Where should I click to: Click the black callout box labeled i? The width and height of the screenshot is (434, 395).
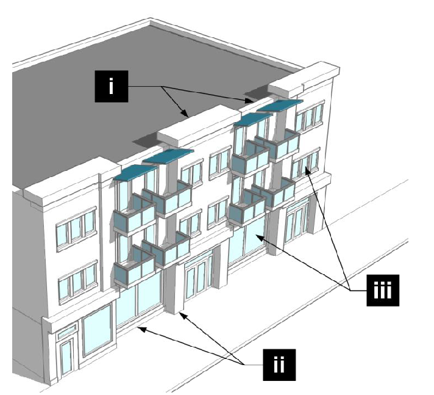pos(110,86)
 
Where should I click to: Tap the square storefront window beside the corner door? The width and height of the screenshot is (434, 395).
pos(97,329)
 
